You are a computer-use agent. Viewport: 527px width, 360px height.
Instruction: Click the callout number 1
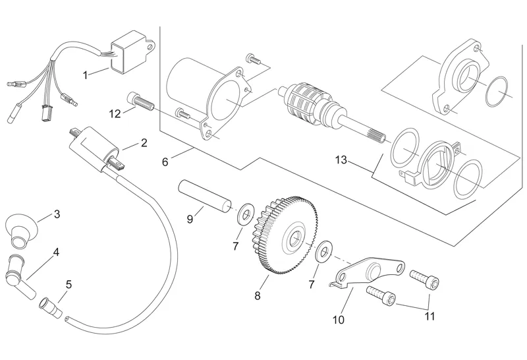click(86, 76)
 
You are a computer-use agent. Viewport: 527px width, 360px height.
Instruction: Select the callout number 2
click(144, 142)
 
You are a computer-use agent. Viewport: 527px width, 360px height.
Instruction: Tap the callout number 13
click(340, 160)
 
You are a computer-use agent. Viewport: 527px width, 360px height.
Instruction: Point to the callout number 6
click(165, 161)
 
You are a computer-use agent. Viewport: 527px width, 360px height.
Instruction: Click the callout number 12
click(115, 113)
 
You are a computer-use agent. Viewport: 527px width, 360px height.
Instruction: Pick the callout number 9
click(190, 218)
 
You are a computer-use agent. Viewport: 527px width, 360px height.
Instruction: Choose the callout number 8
click(258, 296)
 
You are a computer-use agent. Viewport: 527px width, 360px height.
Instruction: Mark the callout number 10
click(339, 320)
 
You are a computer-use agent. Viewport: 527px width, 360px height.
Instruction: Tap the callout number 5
click(69, 285)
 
